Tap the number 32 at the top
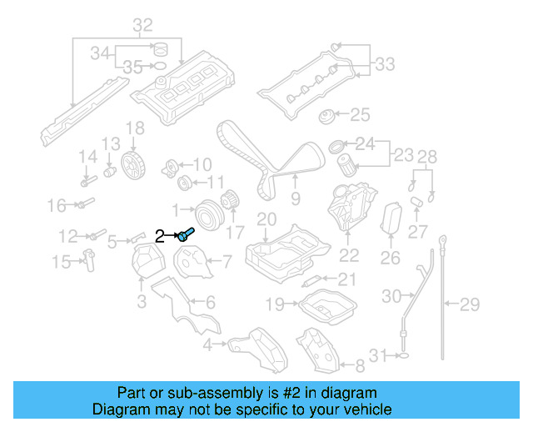pyautogui.click(x=142, y=24)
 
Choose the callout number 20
pyautogui.click(x=266, y=219)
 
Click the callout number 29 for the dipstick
pyautogui.click(x=471, y=304)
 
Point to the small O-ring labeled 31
pyautogui.click(x=401, y=356)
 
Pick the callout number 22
pyautogui.click(x=349, y=256)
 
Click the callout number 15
pyautogui.click(x=61, y=263)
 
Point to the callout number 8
pyautogui.click(x=360, y=365)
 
